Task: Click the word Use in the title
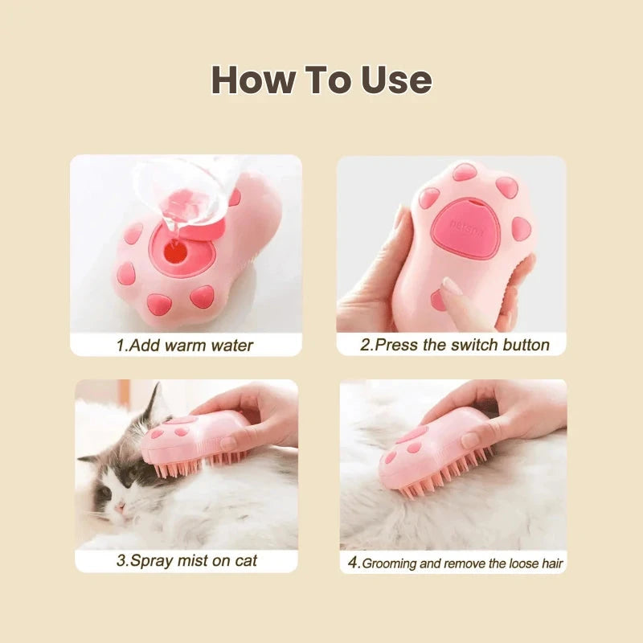point(389,80)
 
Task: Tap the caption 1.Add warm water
point(185,346)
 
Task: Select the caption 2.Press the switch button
point(454,346)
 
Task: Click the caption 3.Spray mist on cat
point(186,560)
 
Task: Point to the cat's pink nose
point(119,507)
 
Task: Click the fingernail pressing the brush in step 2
point(451,286)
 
